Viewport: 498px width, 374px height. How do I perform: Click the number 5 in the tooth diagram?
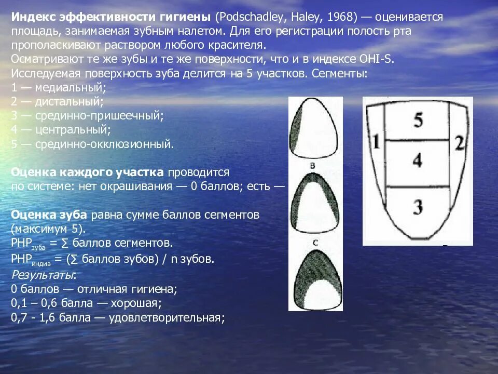coord(418,120)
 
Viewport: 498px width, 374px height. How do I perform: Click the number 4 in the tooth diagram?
coord(418,160)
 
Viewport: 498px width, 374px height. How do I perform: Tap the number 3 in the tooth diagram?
coord(418,207)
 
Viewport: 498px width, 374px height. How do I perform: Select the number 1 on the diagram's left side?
coord(376,142)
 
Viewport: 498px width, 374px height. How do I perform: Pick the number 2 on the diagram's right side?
coord(459,142)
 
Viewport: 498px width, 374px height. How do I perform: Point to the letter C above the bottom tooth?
coord(315,242)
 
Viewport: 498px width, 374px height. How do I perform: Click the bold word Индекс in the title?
coord(32,17)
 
